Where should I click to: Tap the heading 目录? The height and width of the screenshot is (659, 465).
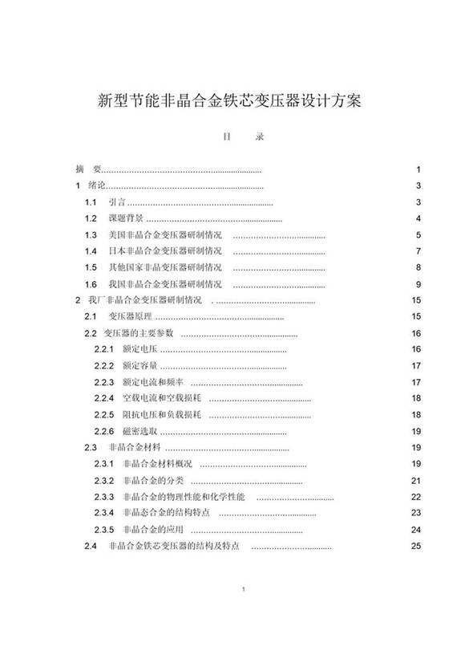click(x=232, y=136)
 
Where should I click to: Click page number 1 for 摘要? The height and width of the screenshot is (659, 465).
click(x=418, y=170)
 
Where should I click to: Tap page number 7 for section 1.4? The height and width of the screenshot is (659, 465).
click(x=418, y=251)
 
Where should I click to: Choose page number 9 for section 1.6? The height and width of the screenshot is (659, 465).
click(x=418, y=284)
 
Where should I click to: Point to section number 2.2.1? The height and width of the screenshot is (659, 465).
click(x=105, y=349)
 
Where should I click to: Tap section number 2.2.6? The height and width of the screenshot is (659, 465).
click(x=105, y=431)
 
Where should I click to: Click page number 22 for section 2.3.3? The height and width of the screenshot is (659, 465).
click(x=416, y=497)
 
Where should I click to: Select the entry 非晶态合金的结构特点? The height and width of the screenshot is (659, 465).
click(x=165, y=514)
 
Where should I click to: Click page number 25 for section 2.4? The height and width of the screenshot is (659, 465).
click(x=416, y=547)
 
